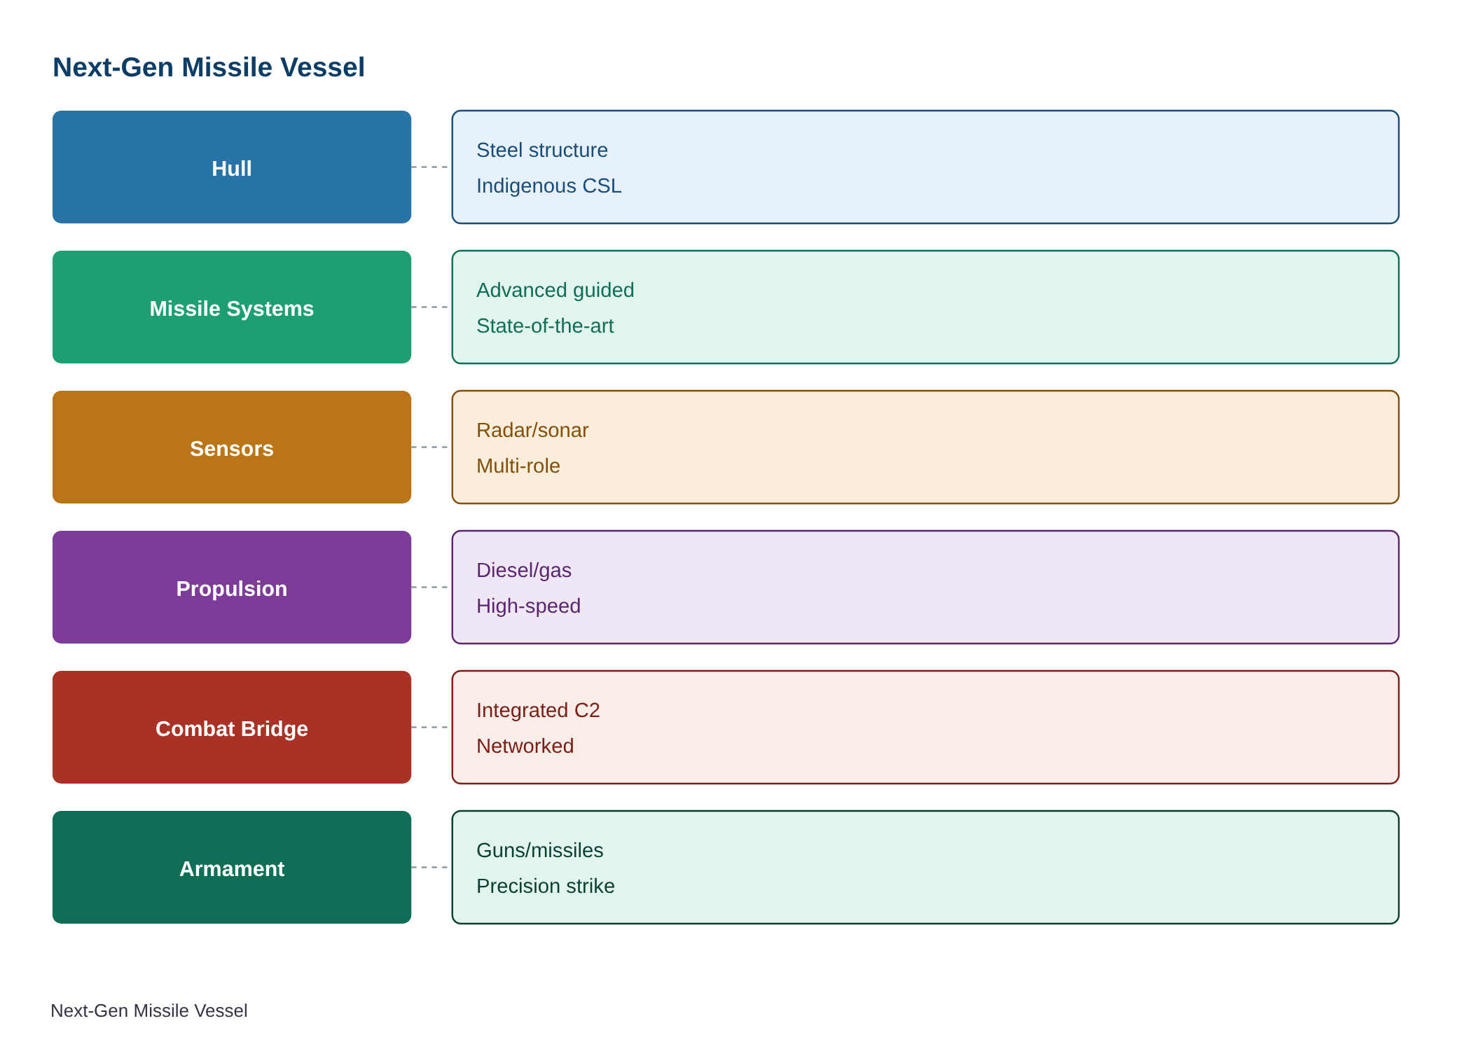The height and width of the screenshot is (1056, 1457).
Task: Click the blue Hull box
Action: [x=232, y=167]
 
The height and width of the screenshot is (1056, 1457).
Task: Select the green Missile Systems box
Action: [x=232, y=307]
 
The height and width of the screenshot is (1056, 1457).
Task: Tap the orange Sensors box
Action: [x=232, y=447]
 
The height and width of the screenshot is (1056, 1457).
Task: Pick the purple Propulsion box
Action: [x=232, y=587]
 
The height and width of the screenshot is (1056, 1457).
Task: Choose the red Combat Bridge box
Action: [x=232, y=727]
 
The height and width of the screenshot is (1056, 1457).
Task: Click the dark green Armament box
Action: [x=232, y=867]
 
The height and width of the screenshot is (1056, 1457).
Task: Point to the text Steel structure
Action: [x=541, y=150]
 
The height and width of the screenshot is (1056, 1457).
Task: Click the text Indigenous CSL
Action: [x=548, y=186]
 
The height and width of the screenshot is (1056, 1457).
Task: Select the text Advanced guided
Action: [x=555, y=290]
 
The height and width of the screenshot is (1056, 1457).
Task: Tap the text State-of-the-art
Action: [x=545, y=326]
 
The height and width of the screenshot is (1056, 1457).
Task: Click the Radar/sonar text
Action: [x=532, y=430]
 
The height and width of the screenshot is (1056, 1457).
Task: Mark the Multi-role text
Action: [x=518, y=466]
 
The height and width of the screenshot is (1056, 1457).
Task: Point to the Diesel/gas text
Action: [x=524, y=570]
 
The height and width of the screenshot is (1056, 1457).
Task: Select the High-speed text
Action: [x=528, y=606]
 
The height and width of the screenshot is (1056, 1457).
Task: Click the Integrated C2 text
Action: [x=538, y=710]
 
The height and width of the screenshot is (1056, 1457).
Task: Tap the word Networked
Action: [x=525, y=746]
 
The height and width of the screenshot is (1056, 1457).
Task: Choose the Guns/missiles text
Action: [x=539, y=850]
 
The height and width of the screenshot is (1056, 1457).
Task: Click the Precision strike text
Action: [x=545, y=886]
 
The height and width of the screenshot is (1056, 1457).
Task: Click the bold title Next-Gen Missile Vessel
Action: [x=209, y=67]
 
